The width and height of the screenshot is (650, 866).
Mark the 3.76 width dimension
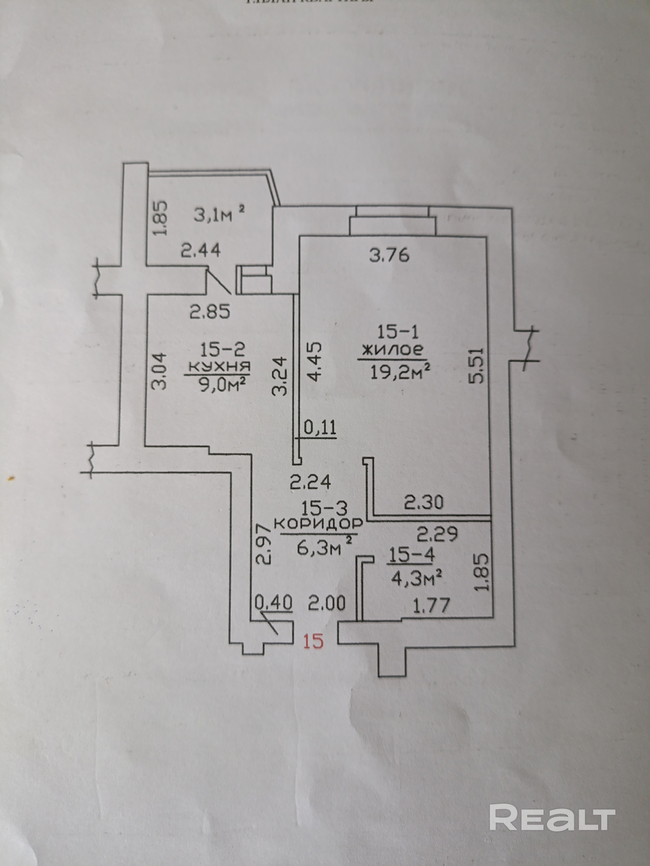click(389, 255)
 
